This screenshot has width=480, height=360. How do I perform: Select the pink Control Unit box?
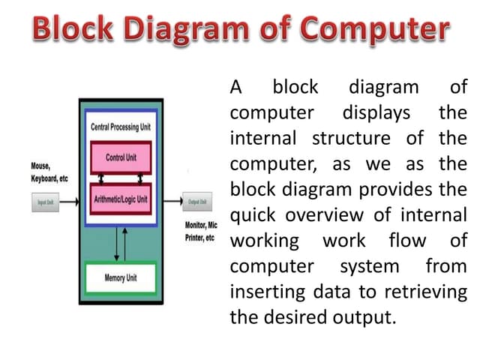(x=120, y=158)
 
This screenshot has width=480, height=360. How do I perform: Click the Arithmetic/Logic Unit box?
(x=120, y=200)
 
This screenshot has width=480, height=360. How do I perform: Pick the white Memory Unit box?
(x=120, y=279)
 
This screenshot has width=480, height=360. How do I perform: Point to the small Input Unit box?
(x=45, y=202)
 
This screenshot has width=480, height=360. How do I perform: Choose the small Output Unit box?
(x=198, y=202)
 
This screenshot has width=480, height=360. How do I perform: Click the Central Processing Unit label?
(x=120, y=127)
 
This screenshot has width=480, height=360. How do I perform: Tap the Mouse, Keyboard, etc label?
(x=49, y=173)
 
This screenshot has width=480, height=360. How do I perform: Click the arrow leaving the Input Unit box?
(x=69, y=202)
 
